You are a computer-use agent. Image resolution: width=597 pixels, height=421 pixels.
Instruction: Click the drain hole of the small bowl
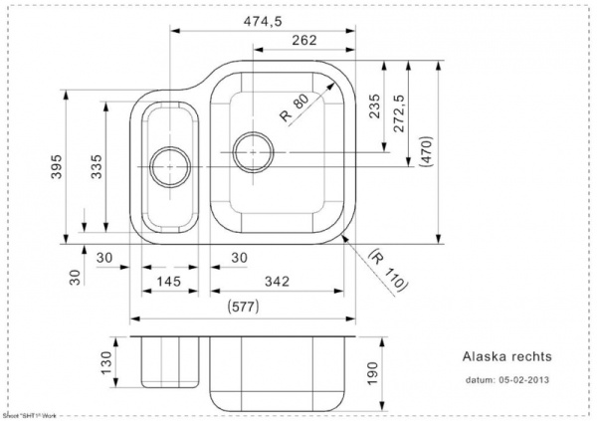[x=163, y=163]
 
